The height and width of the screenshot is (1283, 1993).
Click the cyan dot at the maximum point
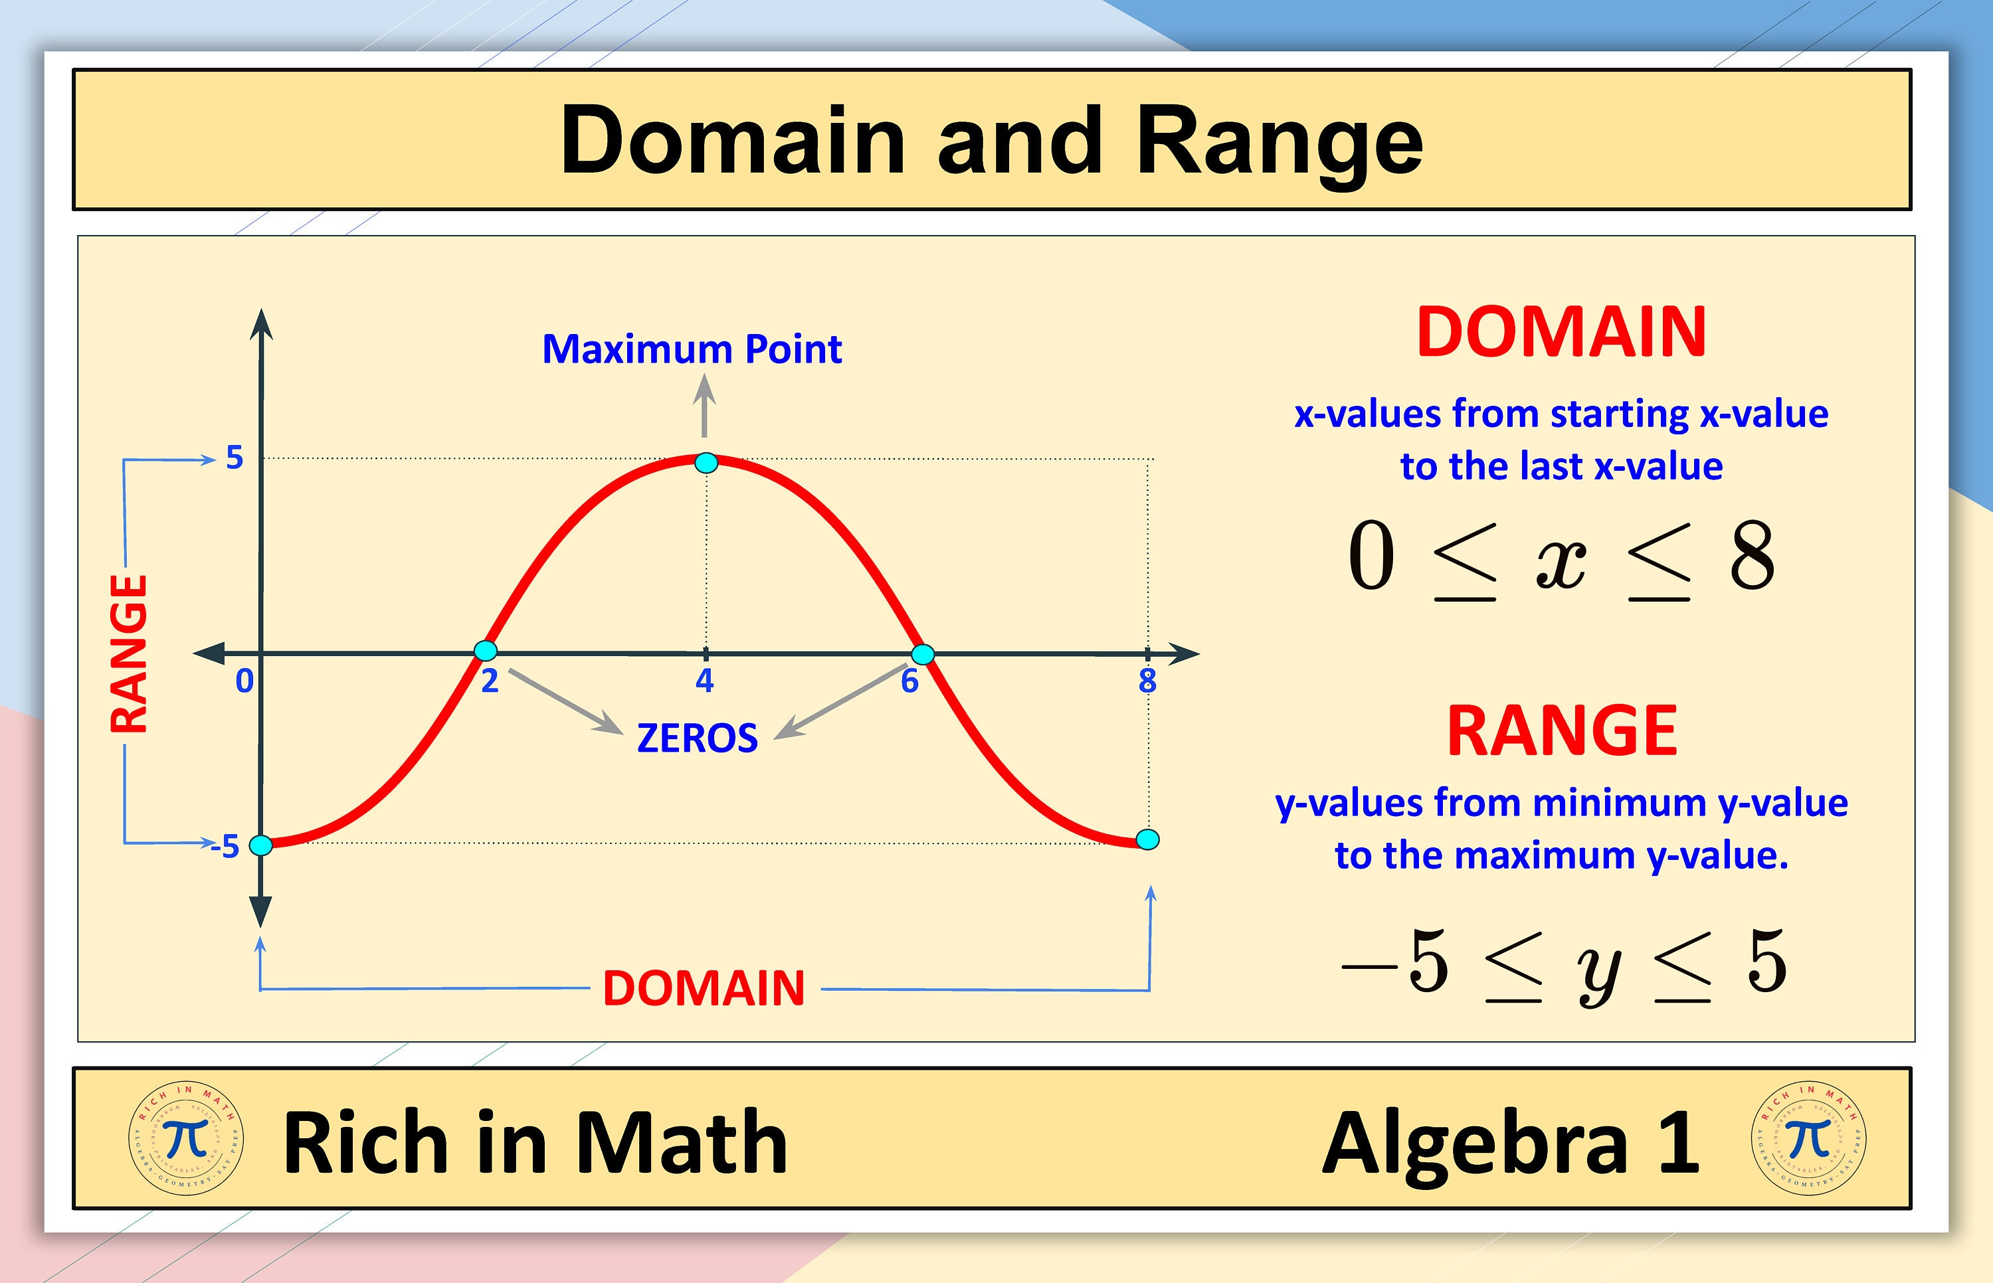pyautogui.click(x=706, y=464)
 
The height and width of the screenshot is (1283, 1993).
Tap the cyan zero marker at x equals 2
pyautogui.click(x=485, y=651)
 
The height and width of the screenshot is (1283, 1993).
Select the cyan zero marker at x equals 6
pyautogui.click(x=922, y=654)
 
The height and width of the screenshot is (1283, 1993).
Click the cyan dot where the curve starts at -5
pyautogui.click(x=261, y=845)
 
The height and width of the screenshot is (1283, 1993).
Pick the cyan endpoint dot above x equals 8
pyautogui.click(x=1147, y=839)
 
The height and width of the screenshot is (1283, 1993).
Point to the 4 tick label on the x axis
pyautogui.click(x=705, y=681)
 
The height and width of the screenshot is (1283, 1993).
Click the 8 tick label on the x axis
pyautogui.click(x=1147, y=681)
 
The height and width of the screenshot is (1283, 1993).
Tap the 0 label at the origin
pyautogui.click(x=244, y=681)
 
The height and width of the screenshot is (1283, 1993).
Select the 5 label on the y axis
pyautogui.click(x=235, y=458)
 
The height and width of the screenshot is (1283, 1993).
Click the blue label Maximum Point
pyautogui.click(x=692, y=349)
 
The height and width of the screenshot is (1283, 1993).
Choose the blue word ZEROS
pyautogui.click(x=698, y=738)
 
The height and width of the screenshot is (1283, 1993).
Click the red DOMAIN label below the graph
pyautogui.click(x=704, y=988)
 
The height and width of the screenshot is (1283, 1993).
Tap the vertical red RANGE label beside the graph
pyautogui.click(x=129, y=654)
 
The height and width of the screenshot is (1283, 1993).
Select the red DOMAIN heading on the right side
pyautogui.click(x=1561, y=333)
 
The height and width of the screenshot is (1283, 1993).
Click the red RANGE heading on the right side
pyautogui.click(x=1561, y=730)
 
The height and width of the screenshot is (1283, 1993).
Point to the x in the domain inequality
pyautogui.click(x=1561, y=560)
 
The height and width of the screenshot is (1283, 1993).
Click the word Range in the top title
pyautogui.click(x=1280, y=141)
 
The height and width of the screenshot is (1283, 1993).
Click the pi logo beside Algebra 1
pyautogui.click(x=1808, y=1138)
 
